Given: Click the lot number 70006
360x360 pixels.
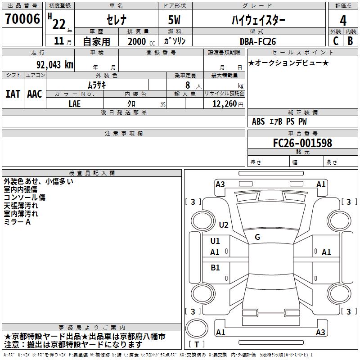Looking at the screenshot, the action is click(x=22, y=20).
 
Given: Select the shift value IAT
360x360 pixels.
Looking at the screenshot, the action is click(x=13, y=94).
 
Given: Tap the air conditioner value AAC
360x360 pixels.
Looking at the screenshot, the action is click(x=34, y=94).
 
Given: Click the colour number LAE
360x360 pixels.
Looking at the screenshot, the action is click(x=75, y=103).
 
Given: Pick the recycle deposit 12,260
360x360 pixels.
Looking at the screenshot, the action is click(x=224, y=103).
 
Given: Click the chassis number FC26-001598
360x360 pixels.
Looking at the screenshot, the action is click(x=302, y=143).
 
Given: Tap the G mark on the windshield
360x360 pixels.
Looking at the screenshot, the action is click(x=257, y=237).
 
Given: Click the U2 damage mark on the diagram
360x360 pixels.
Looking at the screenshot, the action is click(x=224, y=225).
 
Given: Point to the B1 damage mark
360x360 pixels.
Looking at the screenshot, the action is click(x=215, y=268).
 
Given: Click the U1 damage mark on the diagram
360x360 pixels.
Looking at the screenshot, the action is click(x=215, y=241).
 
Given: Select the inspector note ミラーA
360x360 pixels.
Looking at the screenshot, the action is click(x=17, y=222).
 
